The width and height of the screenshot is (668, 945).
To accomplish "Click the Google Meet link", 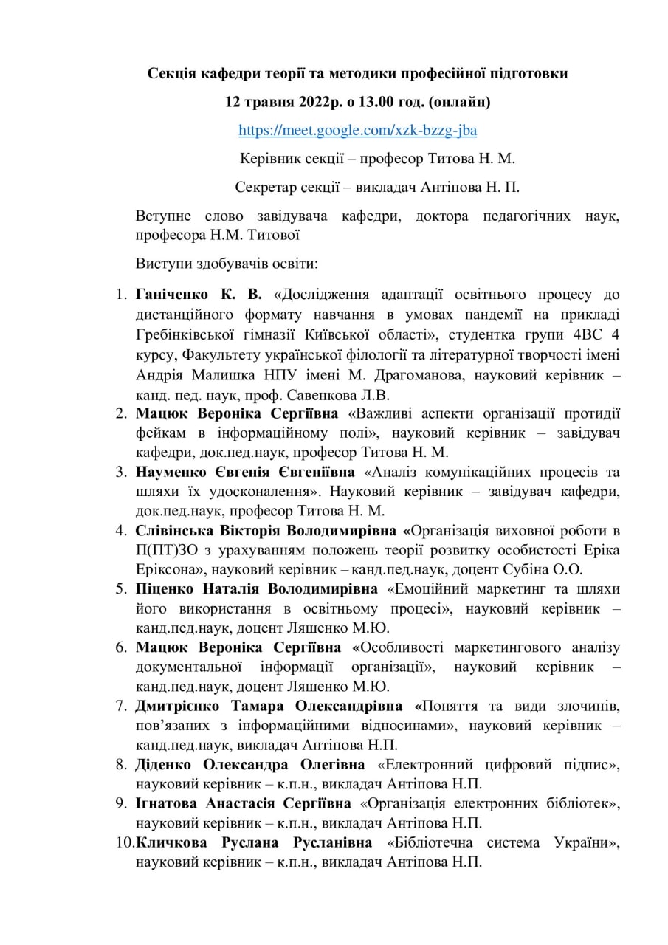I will coord(357,131).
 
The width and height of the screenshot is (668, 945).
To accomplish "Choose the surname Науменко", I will coord(168,472).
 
